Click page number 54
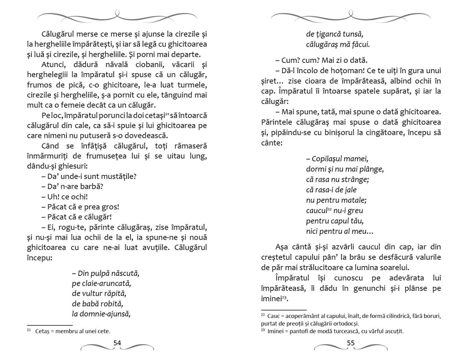[x=117, y=343]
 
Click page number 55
[x=351, y=343]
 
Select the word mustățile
[x=121, y=176]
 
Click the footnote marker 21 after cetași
[x=167, y=114]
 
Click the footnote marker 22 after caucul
[x=329, y=209]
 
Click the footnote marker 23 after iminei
[x=284, y=297]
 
